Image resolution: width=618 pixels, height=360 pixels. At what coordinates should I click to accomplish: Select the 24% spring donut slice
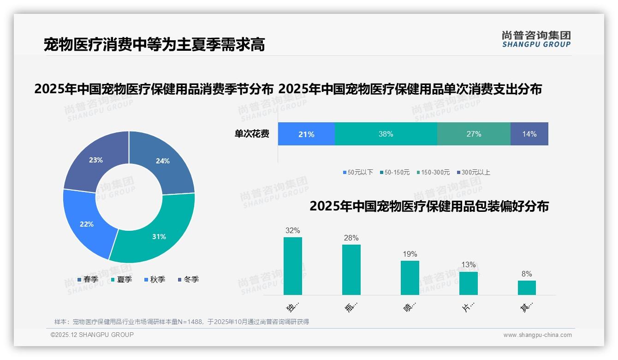pos(166,159)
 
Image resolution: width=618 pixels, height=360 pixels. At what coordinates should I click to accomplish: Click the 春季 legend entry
pos(88,279)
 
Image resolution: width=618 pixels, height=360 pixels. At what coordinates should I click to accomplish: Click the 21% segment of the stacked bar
pos(306,134)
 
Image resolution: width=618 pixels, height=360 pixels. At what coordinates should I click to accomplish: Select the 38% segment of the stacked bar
pos(386,134)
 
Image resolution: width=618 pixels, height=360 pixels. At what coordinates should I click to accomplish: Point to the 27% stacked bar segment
pos(474,134)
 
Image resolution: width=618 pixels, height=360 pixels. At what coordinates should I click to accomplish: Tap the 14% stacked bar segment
pos(529,134)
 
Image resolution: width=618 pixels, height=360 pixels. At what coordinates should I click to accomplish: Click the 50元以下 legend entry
pos(358,172)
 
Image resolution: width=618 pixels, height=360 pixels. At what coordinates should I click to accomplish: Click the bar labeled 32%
pos(293,266)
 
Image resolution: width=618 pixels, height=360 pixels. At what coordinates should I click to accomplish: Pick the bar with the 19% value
pos(410,277)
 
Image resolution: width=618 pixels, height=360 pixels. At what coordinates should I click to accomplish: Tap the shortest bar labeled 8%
pos(527,288)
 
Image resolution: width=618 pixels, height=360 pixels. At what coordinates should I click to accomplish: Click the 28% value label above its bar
pos(351,238)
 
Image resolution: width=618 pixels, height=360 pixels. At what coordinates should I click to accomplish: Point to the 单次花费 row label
pos(252,134)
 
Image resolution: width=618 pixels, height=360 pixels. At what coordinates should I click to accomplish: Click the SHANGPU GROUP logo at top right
pos(536,39)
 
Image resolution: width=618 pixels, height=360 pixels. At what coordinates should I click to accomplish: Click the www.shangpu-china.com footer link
pos(537,335)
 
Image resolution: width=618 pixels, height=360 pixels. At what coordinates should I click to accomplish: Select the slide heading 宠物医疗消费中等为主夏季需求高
pos(154,45)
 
